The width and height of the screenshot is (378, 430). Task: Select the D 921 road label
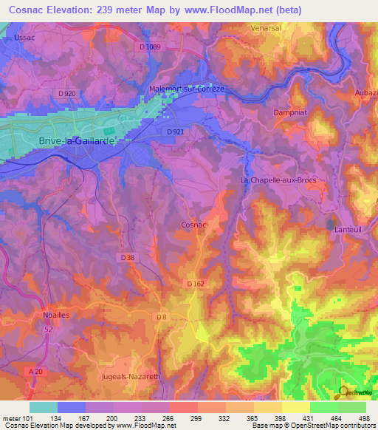[176, 131]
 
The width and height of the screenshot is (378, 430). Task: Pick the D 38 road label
[128, 257]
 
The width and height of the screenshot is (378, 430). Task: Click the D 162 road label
[195, 284]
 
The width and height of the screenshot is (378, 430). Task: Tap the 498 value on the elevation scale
[363, 417]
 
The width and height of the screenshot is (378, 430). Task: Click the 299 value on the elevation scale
[195, 417]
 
